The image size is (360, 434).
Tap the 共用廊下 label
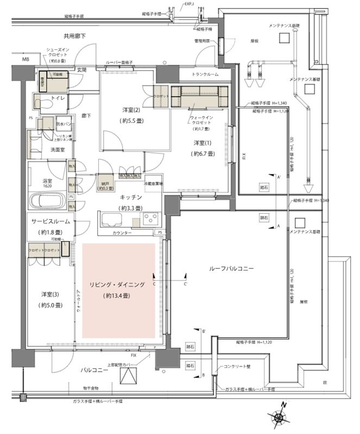tap(75, 36)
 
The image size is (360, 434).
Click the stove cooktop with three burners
tap(149, 219)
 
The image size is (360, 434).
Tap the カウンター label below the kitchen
tap(122, 232)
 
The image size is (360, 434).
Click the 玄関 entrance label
tap(81, 69)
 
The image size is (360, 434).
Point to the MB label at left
tap(26, 59)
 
